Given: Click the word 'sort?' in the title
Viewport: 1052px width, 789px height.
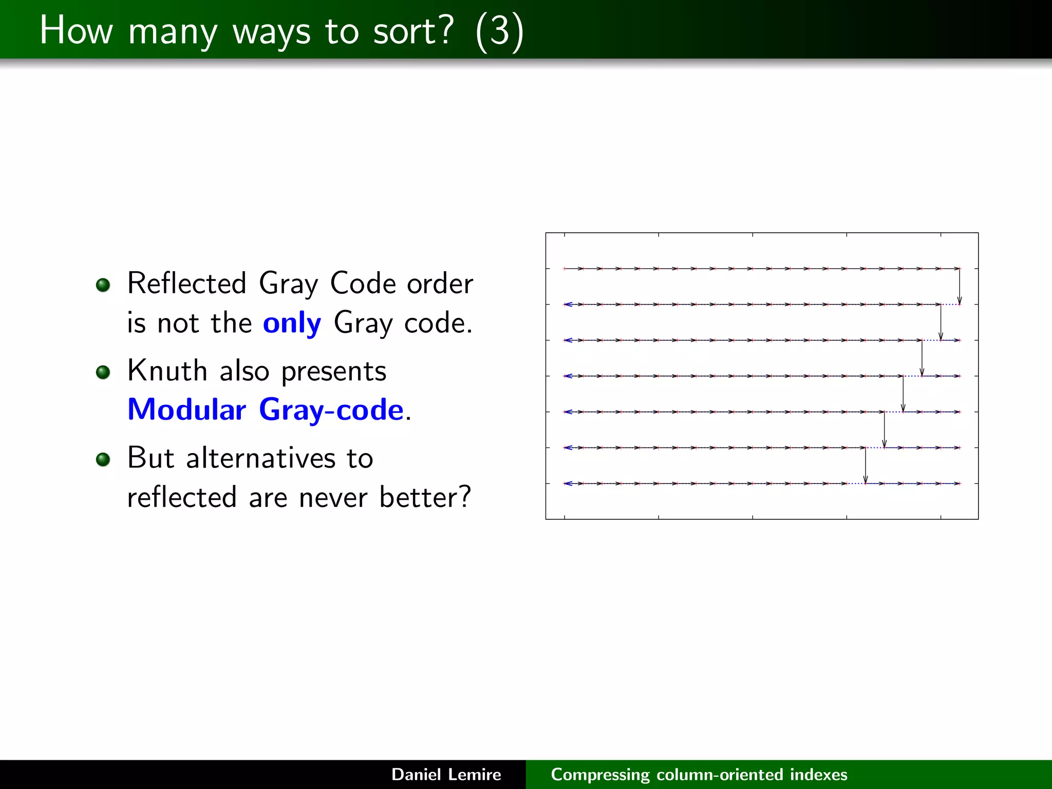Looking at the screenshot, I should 414,31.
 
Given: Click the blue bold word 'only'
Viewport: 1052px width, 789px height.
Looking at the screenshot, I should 292,323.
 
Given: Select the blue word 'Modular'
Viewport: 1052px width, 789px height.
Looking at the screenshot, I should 186,409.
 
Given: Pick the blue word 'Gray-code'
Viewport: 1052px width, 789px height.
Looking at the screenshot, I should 331,410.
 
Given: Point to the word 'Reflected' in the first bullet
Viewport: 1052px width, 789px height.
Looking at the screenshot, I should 186,283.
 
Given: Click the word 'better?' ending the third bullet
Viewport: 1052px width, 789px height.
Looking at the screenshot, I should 425,497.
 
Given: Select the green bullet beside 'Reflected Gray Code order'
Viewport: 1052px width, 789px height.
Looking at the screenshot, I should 103,285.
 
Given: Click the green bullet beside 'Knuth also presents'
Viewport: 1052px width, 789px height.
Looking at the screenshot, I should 103,372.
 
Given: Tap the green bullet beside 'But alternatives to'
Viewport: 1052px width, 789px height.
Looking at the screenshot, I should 103,459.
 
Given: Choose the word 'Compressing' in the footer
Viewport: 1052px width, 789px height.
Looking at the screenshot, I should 600,775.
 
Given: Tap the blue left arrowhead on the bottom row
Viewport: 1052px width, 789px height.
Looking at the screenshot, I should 568,483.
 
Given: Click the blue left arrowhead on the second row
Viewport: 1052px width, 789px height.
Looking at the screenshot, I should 568,305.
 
